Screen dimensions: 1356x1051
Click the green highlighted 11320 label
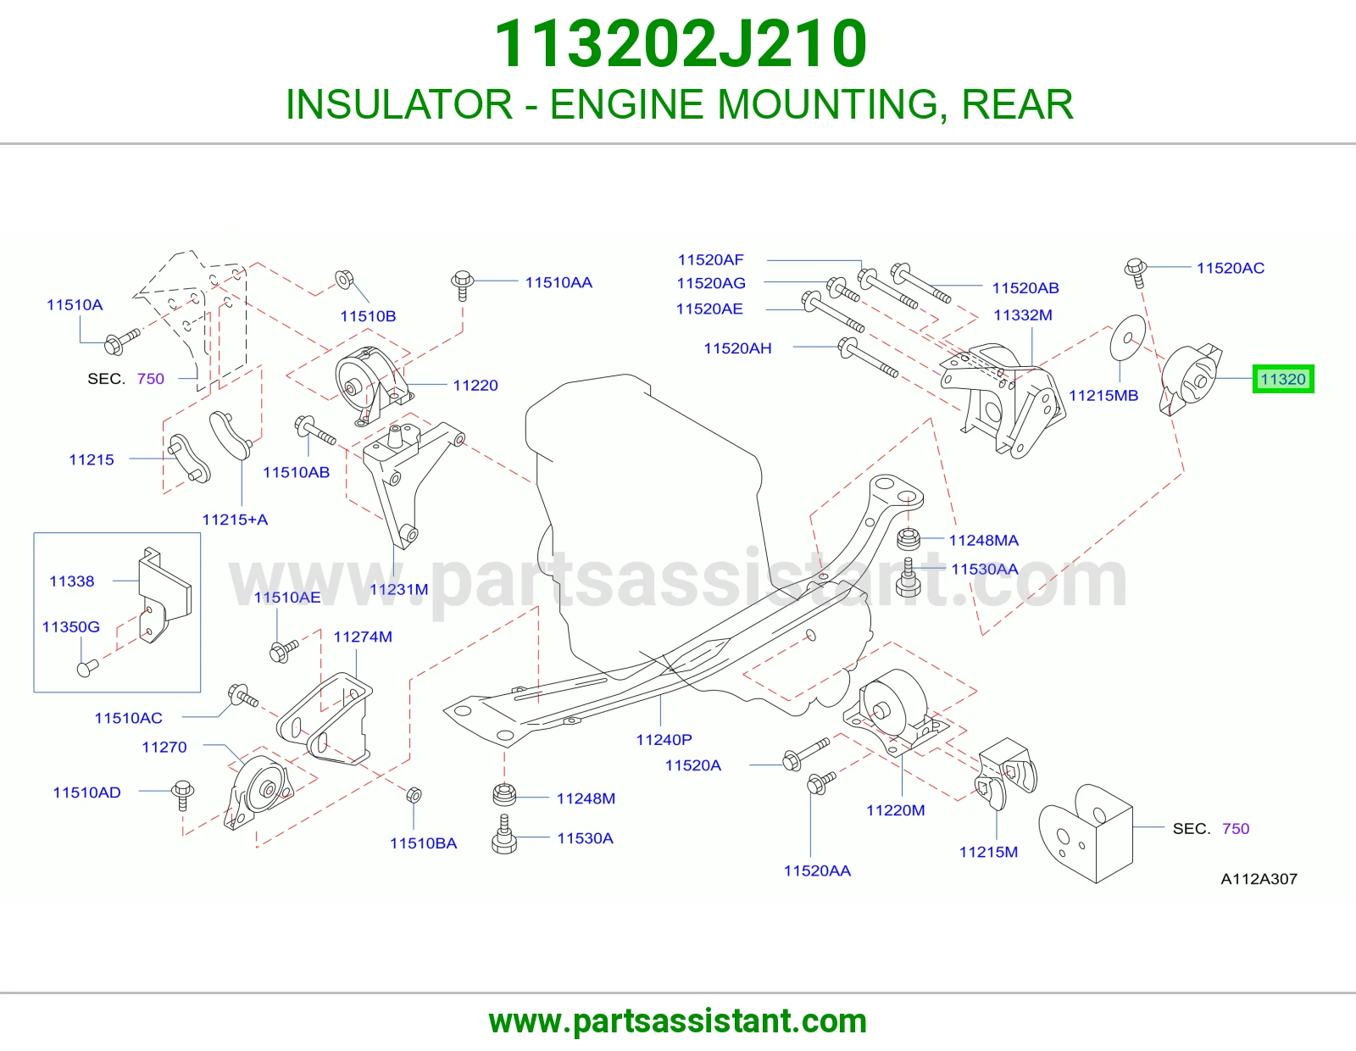1283,379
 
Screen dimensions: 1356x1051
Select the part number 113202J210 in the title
681,43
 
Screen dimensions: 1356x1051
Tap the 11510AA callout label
559,283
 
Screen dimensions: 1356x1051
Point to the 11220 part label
475,386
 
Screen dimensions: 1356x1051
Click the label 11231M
399,589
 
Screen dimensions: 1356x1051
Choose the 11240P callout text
664,740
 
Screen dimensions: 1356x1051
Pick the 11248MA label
983,541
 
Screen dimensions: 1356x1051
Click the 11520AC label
1231,269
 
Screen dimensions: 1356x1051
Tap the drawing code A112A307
1259,879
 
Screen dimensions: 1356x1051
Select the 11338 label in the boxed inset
72,581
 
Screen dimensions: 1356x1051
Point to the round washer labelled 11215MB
1128,337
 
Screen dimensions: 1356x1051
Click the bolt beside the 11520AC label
1136,273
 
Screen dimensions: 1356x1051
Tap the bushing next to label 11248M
504,795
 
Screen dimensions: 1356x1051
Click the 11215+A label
235,520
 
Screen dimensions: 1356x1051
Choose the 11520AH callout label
737,348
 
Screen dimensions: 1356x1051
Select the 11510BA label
423,843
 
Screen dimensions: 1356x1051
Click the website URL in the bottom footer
678,1021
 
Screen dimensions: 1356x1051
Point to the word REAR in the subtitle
1017,104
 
